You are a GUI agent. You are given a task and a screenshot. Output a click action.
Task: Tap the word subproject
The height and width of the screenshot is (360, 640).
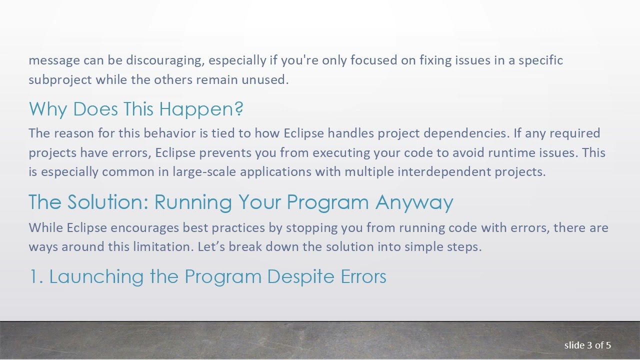60,80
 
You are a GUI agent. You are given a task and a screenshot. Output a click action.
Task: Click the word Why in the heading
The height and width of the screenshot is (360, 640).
47,109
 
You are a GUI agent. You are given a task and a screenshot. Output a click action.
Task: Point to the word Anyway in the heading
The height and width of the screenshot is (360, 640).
414,202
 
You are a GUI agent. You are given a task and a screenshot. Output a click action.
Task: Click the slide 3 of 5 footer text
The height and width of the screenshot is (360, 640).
587,345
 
